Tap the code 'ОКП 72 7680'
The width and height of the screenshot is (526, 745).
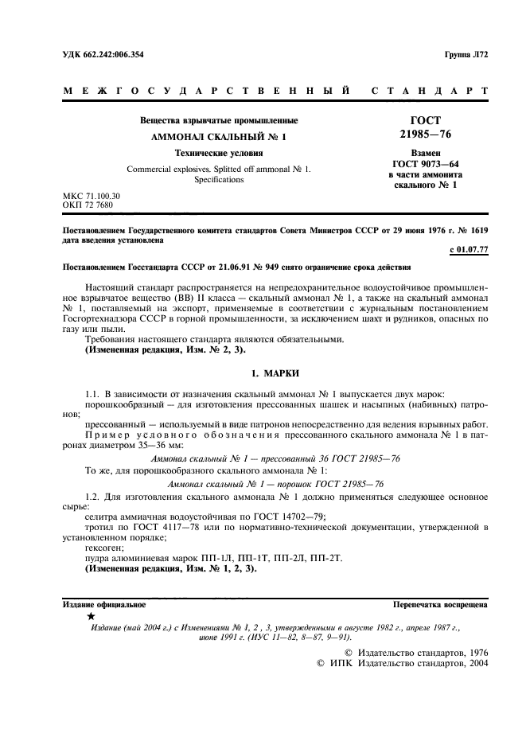click(88, 205)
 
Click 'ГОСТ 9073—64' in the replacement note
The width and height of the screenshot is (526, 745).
click(419, 163)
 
